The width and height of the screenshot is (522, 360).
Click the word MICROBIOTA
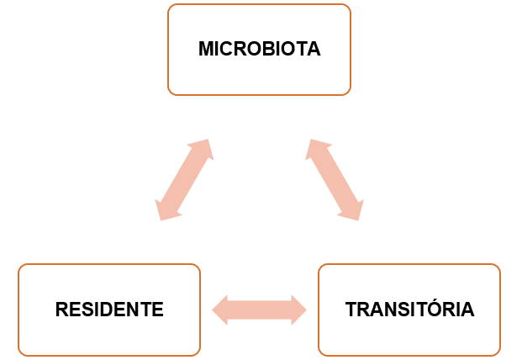tap(260, 49)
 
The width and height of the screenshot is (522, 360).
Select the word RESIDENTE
tap(109, 310)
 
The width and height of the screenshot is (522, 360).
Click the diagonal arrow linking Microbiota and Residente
tap(184, 180)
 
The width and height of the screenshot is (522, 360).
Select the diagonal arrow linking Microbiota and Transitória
tap(335, 180)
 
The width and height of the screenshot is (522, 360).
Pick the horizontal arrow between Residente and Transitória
tap(260, 310)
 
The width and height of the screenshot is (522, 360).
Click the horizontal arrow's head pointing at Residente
tap(220, 310)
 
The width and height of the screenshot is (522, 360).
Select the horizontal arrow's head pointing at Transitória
tap(298, 310)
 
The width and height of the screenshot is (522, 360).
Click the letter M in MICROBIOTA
tap(207, 49)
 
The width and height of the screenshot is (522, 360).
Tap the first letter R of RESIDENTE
tap(62, 310)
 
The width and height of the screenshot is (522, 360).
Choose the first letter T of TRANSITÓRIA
tap(351, 310)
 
